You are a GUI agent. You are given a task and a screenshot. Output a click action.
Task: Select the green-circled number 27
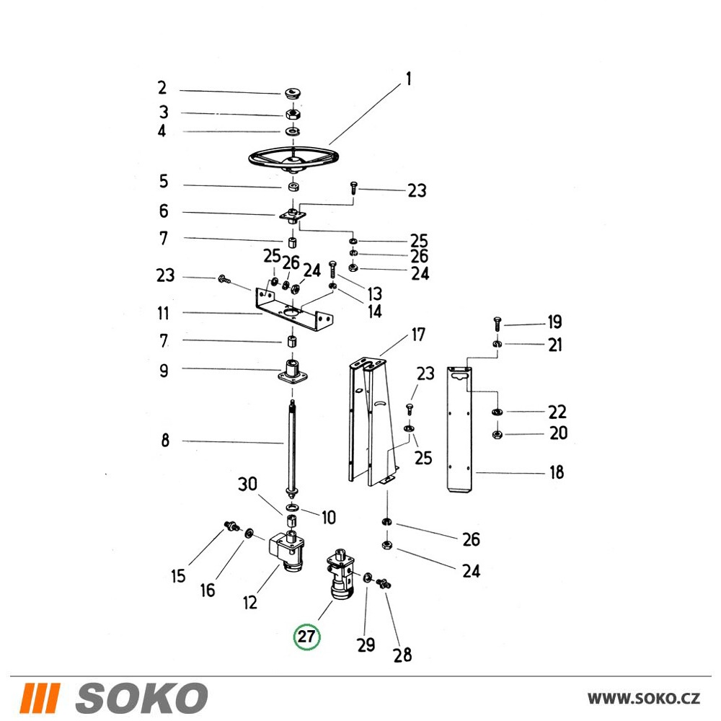coord(306,637)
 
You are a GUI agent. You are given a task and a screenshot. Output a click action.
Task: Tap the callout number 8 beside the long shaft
coord(165,440)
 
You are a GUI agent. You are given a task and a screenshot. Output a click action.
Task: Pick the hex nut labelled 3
coord(293,114)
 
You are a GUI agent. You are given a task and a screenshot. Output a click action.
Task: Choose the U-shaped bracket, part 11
coord(294,308)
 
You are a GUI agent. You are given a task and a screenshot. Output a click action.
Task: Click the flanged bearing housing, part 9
coord(292,372)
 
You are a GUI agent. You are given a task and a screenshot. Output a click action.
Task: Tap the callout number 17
coord(418,335)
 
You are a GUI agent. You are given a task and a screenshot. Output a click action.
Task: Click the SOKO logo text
coord(141,698)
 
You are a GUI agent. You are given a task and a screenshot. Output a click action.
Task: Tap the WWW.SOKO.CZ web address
coord(644,699)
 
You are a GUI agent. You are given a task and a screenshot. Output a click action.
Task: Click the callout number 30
coord(247,484)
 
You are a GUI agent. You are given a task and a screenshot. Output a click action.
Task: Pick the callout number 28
coord(402,655)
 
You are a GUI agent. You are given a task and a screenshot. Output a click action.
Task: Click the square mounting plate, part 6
coord(293,215)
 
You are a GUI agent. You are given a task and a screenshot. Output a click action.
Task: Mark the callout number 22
coord(557,412)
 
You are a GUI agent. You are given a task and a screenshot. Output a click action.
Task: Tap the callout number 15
coord(178,575)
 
